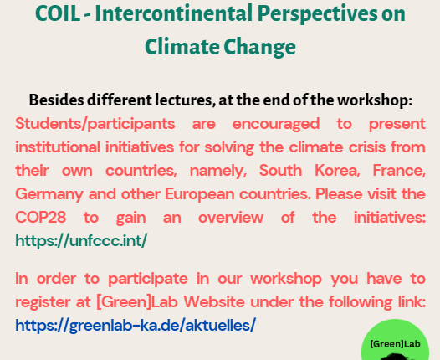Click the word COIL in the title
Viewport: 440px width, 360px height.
coord(58,13)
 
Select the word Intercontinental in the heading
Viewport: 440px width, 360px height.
coord(174,13)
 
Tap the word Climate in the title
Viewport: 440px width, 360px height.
coord(182,47)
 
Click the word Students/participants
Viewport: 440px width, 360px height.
coord(95,124)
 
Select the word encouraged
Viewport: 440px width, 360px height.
coord(276,124)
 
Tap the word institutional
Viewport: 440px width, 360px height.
coord(58,147)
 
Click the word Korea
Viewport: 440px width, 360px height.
coord(337,171)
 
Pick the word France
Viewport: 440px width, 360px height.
coord(399,171)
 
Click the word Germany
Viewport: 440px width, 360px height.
coord(49,194)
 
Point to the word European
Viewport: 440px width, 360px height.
coord(200,194)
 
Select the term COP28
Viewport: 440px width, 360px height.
coord(41,218)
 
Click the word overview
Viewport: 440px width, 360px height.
coord(231,218)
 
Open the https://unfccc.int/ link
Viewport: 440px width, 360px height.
coord(81,240)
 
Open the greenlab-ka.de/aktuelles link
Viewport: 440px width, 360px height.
coord(136,325)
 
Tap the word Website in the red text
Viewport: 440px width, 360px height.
coord(214,302)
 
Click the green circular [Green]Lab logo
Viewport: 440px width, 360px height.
coord(395,340)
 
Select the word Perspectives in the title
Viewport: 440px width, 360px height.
coord(317,13)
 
